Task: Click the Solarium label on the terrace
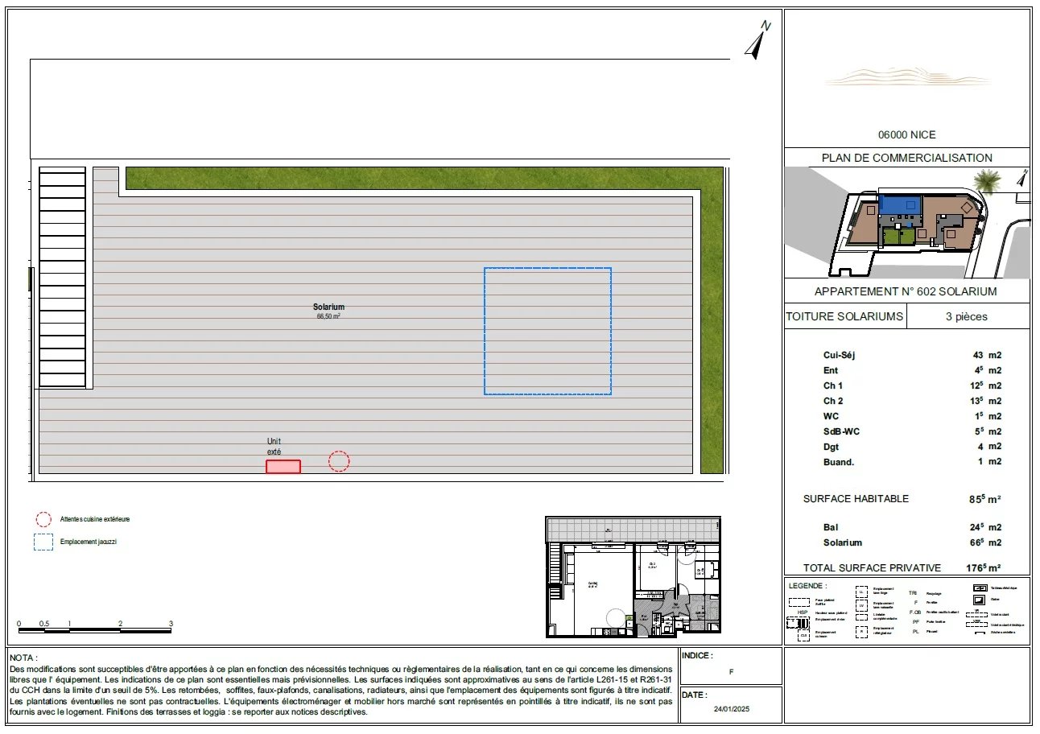tap(328, 307)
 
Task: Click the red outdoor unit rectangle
tap(283, 467)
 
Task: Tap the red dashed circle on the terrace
tap(339, 461)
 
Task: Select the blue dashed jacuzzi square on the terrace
tap(547, 331)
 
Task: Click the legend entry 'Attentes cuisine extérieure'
tap(94, 519)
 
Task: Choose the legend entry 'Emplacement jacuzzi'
tap(89, 542)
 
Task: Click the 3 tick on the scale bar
tap(171, 624)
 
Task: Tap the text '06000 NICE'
tap(906, 135)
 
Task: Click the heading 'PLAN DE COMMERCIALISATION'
tap(906, 158)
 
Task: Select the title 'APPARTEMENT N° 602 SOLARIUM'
tap(906, 291)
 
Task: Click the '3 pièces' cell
tap(966, 316)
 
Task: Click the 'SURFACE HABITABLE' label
tap(856, 499)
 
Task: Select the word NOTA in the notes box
tap(23, 658)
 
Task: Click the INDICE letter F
tap(730, 672)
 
